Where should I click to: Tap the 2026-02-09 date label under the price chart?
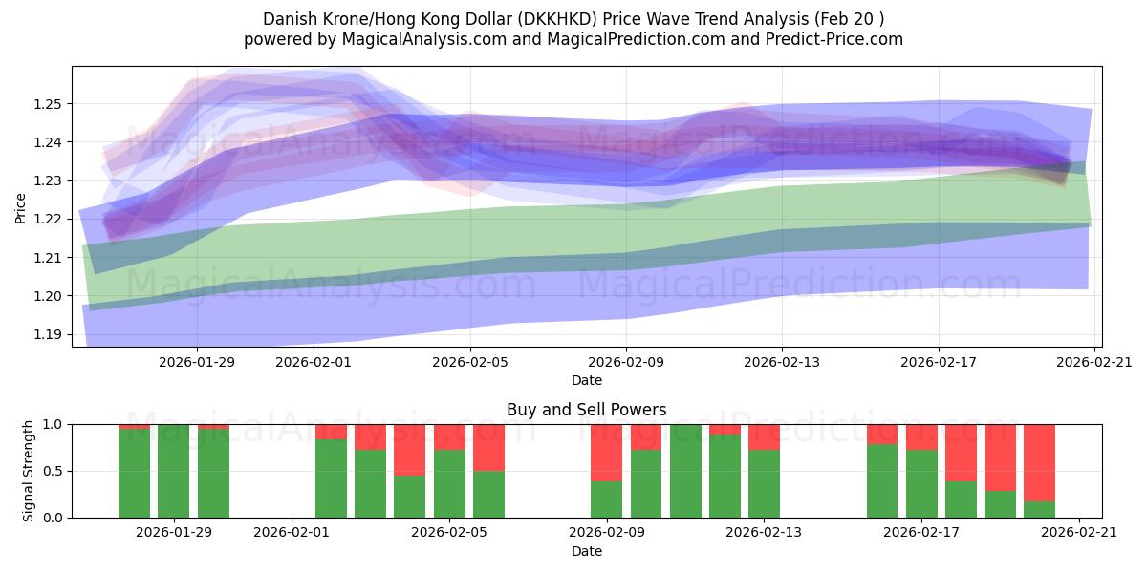coord(626,362)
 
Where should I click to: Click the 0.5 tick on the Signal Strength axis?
coord(53,471)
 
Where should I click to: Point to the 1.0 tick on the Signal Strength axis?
coord(53,424)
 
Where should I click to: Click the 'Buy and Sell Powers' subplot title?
coord(586,410)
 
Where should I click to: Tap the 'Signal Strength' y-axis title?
coord(29,471)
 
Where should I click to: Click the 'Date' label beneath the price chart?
coord(586,380)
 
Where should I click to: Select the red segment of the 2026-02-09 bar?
coord(607,452)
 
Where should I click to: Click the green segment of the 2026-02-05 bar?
coord(449,484)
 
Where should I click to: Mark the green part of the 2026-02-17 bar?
coord(921,484)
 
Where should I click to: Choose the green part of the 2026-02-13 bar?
coord(764,484)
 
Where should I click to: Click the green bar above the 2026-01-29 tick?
coord(173,471)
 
